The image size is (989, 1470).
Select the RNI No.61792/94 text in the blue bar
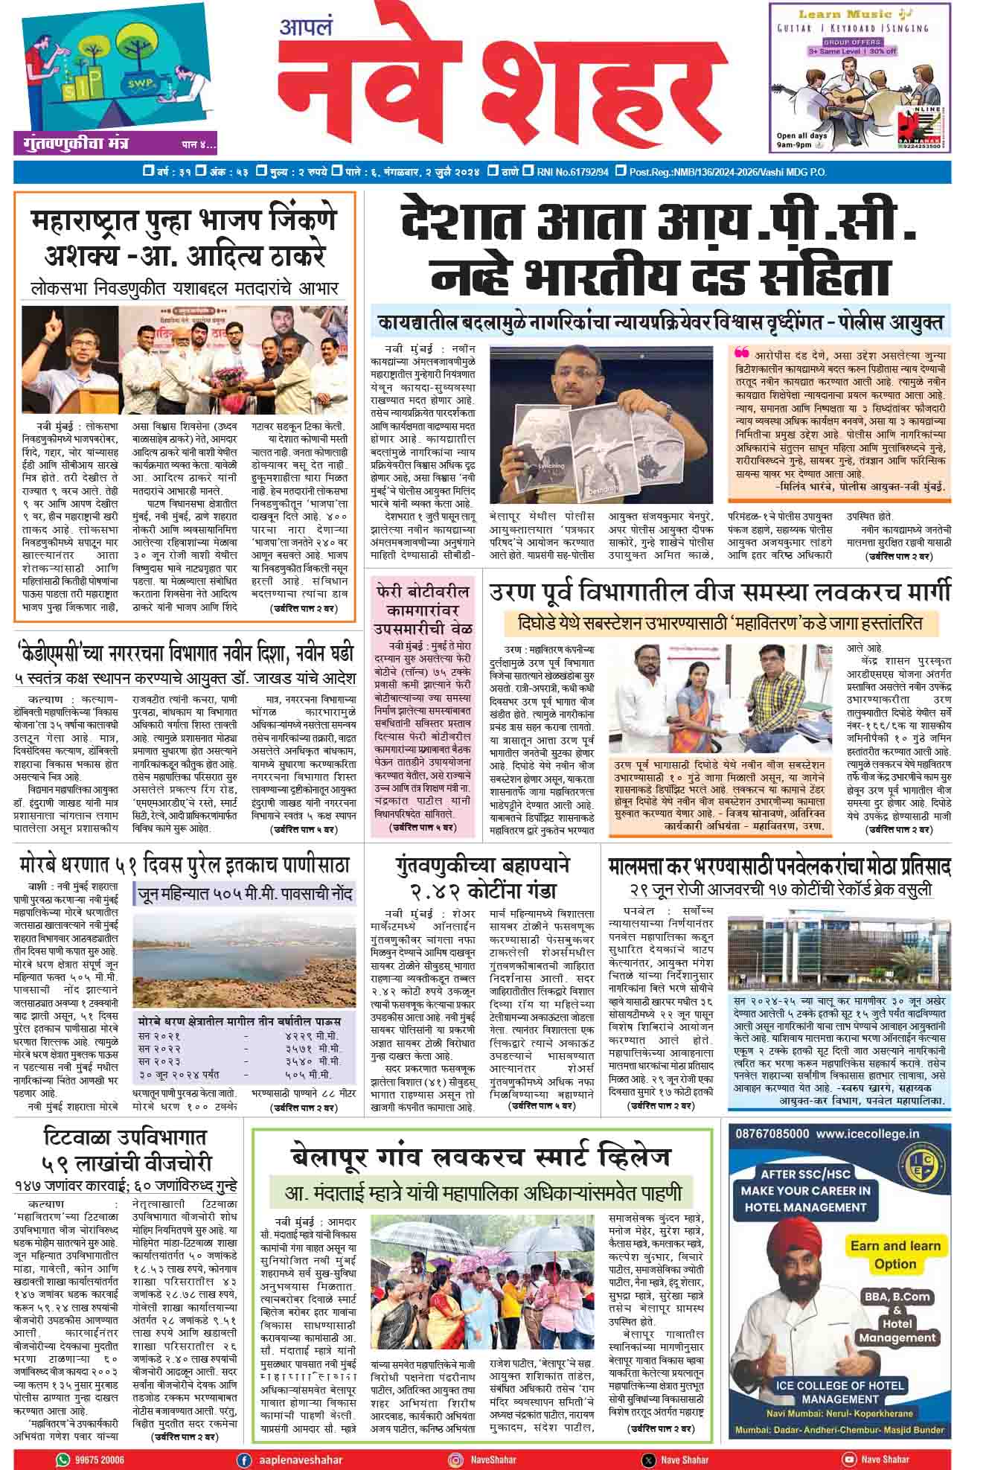[x=572, y=173]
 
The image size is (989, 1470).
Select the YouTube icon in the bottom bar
[x=848, y=1460]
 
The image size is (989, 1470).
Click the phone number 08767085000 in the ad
[x=772, y=1134]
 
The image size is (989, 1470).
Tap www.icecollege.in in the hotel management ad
[x=867, y=1134]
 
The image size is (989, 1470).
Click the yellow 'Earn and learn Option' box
[x=895, y=1254]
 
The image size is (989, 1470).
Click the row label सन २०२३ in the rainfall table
[x=160, y=1061]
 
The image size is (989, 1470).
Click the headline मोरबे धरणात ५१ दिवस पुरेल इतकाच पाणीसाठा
[x=185, y=865]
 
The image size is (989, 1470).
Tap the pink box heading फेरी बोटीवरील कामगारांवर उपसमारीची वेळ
[x=423, y=609]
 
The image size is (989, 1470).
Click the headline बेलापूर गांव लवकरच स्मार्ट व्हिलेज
[x=481, y=1157]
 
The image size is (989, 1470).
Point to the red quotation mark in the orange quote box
[x=742, y=353]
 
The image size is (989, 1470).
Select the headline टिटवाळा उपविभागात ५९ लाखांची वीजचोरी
[x=125, y=1150]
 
